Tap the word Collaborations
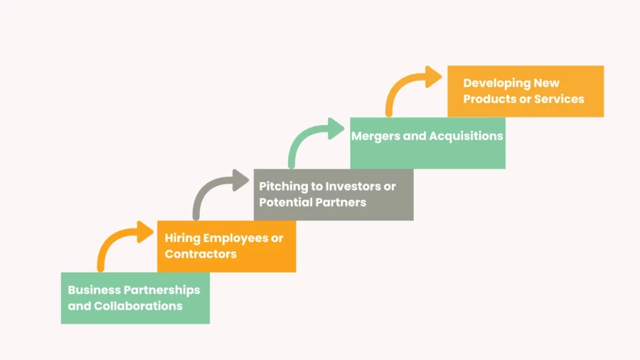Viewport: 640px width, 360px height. [x=138, y=306]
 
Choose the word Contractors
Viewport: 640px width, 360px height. [x=201, y=254]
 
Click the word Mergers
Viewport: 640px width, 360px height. [x=375, y=137]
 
